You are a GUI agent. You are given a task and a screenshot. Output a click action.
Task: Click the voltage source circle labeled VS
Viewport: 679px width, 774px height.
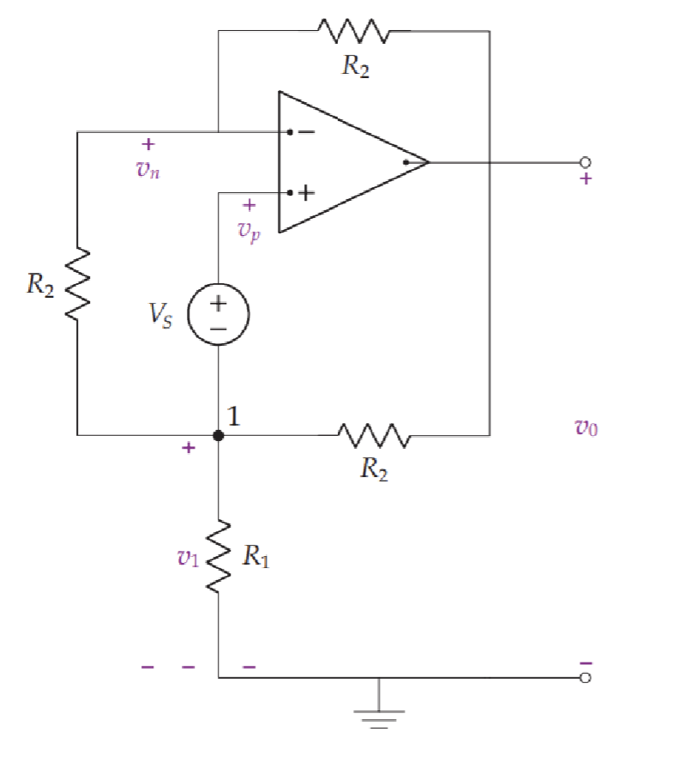tap(219, 314)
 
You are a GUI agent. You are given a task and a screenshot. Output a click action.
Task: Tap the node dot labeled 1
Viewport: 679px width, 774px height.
tap(219, 435)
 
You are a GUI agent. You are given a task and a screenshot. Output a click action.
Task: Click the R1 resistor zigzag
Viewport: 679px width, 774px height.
tap(219, 555)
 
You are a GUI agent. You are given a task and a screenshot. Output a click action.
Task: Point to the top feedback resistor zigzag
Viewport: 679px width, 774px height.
tap(354, 32)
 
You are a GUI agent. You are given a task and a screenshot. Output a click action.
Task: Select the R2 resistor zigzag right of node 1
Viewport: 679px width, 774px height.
tap(375, 435)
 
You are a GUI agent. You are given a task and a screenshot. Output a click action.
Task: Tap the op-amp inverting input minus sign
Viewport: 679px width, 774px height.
tap(305, 132)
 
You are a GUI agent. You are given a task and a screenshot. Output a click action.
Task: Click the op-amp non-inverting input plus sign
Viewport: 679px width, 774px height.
tap(305, 194)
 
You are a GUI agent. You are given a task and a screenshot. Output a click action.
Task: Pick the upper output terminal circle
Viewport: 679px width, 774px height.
tap(586, 162)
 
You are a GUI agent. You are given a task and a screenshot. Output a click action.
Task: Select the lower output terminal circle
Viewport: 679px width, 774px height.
tap(586, 678)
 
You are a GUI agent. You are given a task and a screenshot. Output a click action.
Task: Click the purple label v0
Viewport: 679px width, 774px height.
tap(586, 426)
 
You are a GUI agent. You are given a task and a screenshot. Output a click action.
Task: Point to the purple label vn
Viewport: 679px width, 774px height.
tap(148, 169)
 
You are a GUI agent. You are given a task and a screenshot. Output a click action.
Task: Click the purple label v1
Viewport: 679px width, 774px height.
tap(188, 558)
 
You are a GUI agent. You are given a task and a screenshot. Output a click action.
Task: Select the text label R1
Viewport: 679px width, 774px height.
tap(255, 558)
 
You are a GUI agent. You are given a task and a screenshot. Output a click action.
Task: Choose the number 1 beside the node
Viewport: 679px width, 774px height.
tap(234, 416)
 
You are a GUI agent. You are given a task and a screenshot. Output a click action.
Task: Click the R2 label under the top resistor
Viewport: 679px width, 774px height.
tap(356, 67)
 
